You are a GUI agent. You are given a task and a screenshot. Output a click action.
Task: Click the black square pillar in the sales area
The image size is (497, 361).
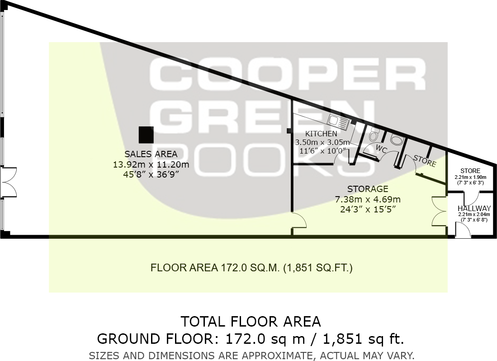[x=146, y=135]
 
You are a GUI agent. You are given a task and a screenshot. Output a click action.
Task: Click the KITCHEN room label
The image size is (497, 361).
[x=321, y=134]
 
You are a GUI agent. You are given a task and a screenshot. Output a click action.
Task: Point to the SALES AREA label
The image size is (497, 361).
[x=151, y=154]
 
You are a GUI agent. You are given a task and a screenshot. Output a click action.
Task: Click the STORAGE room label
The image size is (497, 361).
[x=367, y=189]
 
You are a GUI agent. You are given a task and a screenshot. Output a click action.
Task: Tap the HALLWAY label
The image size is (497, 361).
[x=474, y=208]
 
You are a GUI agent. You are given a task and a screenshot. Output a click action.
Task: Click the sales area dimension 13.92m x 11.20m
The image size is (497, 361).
[x=151, y=164]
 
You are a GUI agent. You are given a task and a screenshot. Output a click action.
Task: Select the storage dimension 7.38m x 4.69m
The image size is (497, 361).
[x=367, y=199]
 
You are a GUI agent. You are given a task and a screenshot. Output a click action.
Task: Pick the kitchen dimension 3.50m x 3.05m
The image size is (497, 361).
[x=321, y=142]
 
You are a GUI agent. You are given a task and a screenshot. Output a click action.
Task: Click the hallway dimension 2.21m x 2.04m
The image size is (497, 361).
[x=474, y=214]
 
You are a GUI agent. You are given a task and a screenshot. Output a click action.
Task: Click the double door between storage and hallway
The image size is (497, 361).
[x=439, y=211]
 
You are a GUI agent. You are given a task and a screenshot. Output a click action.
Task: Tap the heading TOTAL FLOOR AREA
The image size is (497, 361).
[x=251, y=322]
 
